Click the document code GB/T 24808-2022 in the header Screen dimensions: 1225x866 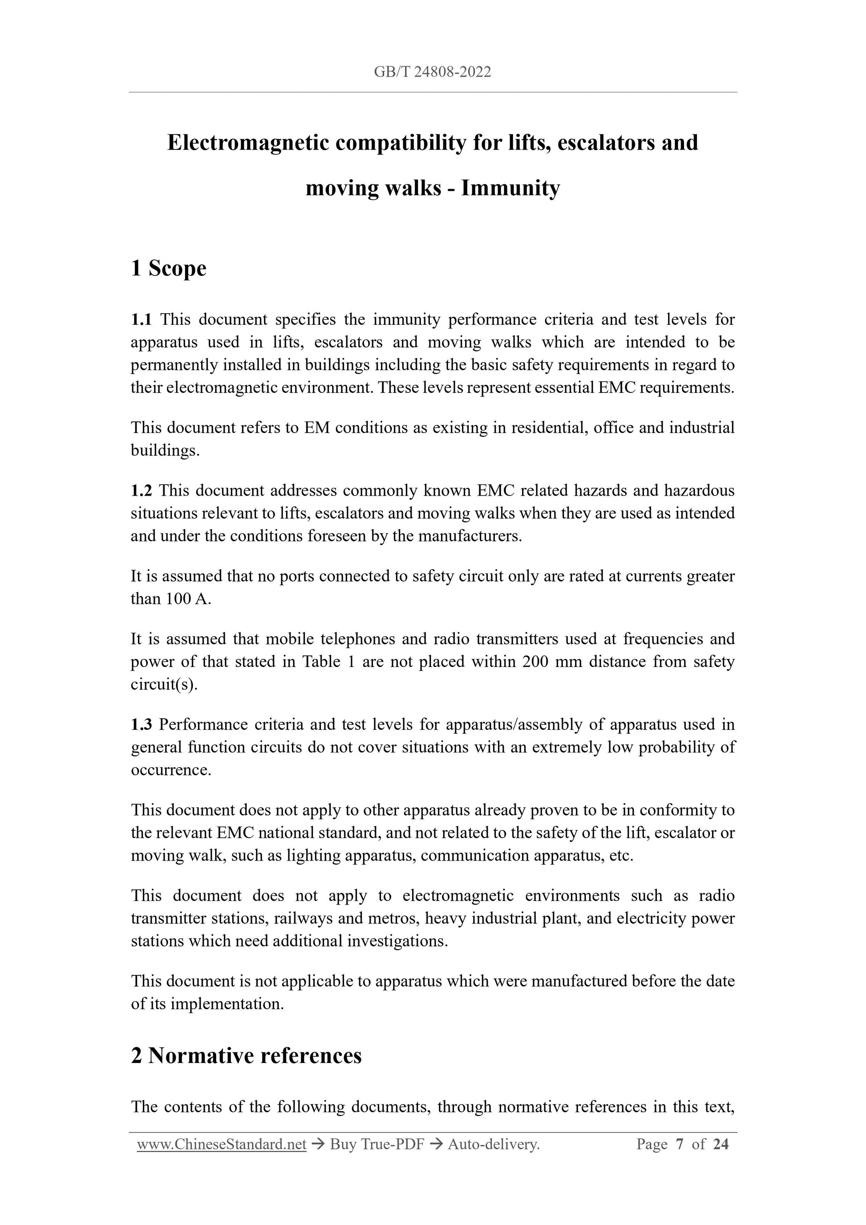point(432,72)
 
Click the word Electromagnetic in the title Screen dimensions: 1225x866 point(247,143)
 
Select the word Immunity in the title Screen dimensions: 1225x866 point(510,188)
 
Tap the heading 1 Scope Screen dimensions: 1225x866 point(169,268)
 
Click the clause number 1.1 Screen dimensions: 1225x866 point(141,319)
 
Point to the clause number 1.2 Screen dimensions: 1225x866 point(141,490)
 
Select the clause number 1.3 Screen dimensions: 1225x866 point(141,724)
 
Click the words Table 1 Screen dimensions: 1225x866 point(329,662)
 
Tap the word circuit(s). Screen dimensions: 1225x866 point(164,684)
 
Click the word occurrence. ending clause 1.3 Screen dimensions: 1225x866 point(171,770)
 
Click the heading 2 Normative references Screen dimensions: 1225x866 point(246,1056)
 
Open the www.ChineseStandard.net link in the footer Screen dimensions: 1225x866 point(222,1144)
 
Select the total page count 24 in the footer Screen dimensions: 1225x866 point(720,1144)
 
